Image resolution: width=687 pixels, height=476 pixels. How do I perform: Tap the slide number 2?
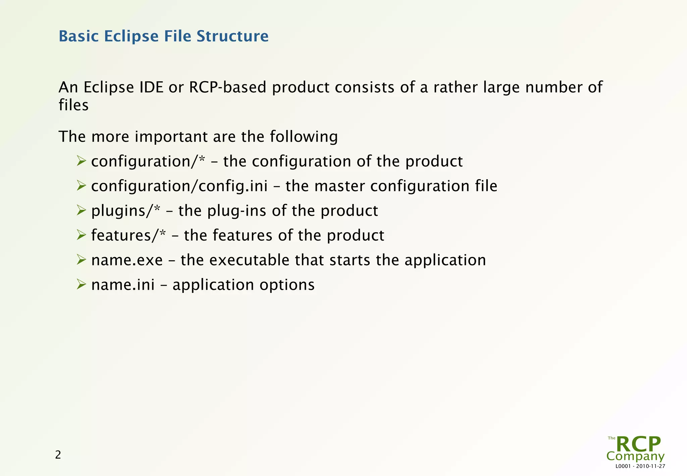pos(58,455)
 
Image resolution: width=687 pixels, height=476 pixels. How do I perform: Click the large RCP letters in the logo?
pos(638,445)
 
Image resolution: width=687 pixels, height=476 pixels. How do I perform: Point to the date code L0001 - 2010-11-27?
pos(640,466)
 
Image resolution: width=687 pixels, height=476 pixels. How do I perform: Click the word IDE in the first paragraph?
pos(151,87)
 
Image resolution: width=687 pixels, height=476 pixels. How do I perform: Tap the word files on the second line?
pos(73,105)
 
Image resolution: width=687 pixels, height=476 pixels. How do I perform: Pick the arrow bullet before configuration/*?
pos(81,161)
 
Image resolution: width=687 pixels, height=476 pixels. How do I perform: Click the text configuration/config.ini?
pos(179,186)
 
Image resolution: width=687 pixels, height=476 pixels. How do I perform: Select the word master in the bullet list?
pos(339,186)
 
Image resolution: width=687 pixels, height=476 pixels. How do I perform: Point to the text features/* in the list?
pos(128,235)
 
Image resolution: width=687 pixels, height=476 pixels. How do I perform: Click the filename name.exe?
pos(127,260)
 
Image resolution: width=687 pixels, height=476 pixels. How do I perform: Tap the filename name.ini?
pos(123,285)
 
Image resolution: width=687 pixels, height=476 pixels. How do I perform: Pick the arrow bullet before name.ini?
pos(81,284)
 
